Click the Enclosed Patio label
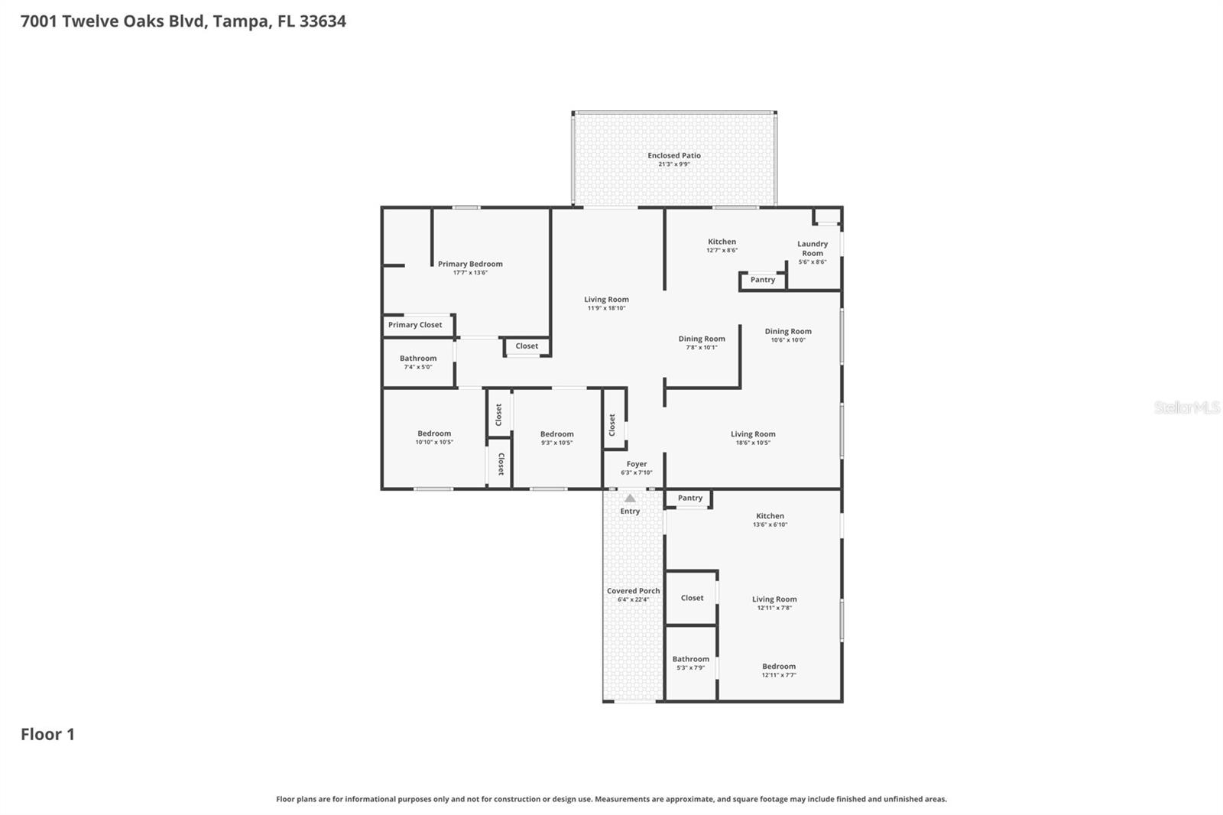coord(673,156)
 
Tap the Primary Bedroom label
coord(470,264)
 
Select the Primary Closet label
coord(414,325)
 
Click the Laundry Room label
coord(812,248)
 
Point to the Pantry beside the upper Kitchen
coord(762,280)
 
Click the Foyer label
coord(636,464)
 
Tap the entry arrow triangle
coord(630,498)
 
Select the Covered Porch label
coord(633,591)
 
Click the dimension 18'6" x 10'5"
coord(752,443)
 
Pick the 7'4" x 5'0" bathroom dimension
coord(417,367)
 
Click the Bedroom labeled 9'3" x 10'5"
coord(556,434)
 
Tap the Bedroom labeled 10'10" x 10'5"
coord(434,433)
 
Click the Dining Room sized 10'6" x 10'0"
coord(787,332)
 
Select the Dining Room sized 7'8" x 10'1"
coord(701,339)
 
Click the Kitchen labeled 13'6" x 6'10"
coord(770,516)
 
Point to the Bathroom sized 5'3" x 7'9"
coord(690,659)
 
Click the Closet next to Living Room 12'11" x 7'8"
coord(692,598)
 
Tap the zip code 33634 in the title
coord(323,21)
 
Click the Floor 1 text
coord(47,734)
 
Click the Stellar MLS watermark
coord(1186,407)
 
